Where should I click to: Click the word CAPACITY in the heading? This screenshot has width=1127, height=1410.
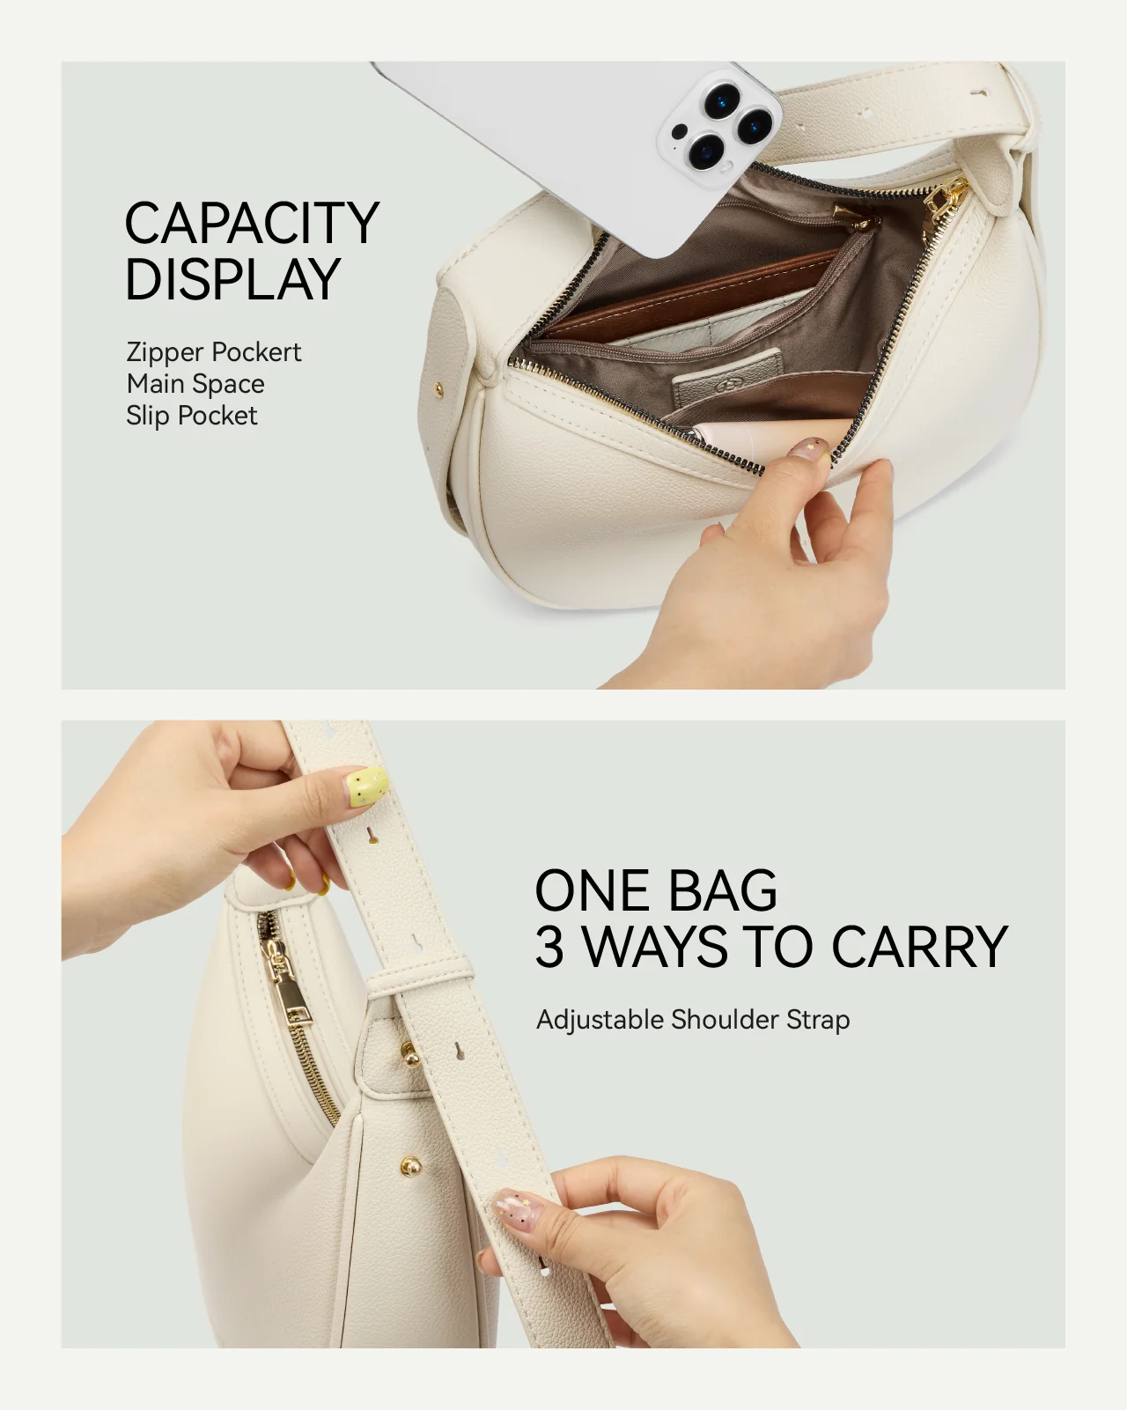pos(251,224)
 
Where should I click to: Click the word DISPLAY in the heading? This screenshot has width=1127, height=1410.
pos(232,280)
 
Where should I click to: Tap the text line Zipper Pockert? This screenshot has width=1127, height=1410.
pos(214,352)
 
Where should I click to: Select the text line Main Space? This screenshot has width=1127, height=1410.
pos(195,384)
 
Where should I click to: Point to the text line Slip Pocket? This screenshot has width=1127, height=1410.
pos(192,416)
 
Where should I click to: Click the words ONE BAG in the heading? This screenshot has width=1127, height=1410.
pos(656,890)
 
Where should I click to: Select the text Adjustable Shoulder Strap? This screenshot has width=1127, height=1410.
pos(693,1020)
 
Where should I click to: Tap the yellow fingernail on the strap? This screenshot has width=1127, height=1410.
pos(367,786)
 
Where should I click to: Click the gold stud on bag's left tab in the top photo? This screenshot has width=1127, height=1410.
pos(438,386)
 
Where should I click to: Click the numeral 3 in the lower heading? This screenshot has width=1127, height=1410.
pos(550,948)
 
